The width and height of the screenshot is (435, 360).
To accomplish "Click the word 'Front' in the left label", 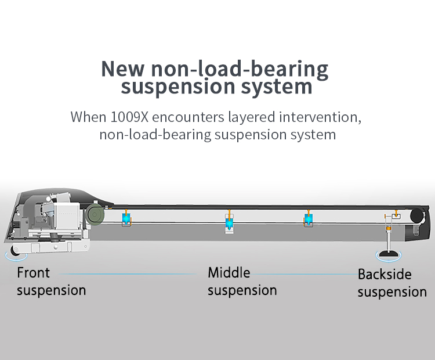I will pos(34,272).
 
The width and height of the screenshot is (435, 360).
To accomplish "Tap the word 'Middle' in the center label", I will pos(229,272).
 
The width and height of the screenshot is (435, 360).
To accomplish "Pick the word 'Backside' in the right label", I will pos(385,274).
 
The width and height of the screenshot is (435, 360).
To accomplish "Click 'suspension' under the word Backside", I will pos(392,291).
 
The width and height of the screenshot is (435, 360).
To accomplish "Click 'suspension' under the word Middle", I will pos(242,290).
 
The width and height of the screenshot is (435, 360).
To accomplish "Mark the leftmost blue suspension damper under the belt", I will pos(126,220).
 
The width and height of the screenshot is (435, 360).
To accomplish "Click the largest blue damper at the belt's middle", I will pos(230,222).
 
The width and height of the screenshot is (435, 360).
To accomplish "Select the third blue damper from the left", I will pos(308,219).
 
